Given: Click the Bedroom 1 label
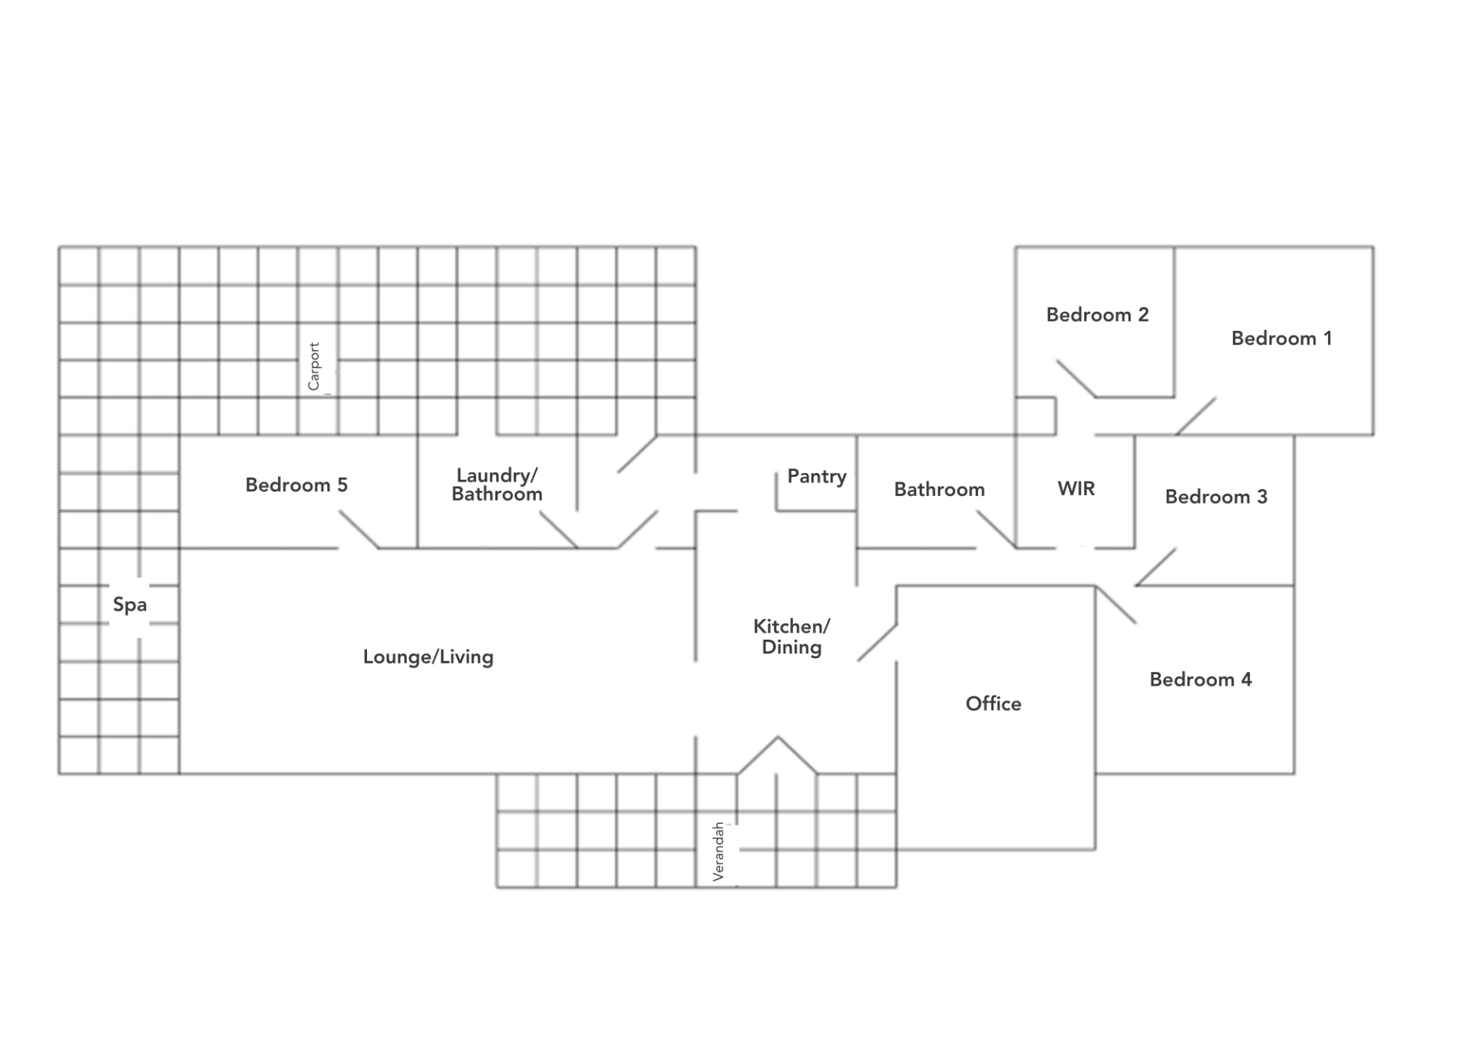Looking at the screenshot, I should coord(1281,339).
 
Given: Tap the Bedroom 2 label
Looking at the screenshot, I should coord(1097,315).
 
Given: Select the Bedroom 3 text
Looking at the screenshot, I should coord(1216,497).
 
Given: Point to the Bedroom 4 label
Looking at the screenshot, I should coord(1200,680).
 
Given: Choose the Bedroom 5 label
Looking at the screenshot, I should coord(296,485).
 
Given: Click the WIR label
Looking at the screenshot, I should coord(1076,488).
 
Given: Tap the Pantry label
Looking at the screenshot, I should coord(817,477).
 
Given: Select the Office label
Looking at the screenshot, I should coord(993,703).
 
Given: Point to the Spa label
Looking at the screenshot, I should coord(130,604).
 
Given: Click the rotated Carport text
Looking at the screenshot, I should coord(314,366).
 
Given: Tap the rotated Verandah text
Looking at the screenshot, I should coord(719,852).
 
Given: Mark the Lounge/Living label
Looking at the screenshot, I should coord(428,657).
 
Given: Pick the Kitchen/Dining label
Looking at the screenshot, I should coord(792,637).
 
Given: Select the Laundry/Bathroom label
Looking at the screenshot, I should coord(497,485).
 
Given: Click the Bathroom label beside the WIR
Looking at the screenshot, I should coord(939,490).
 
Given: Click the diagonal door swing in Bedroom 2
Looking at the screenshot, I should coord(1076,378).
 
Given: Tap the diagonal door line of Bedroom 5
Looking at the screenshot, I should coord(359,530).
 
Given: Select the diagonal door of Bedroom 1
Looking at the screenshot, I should coord(1196,415).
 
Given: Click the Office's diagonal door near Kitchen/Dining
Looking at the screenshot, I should coord(877,643).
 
